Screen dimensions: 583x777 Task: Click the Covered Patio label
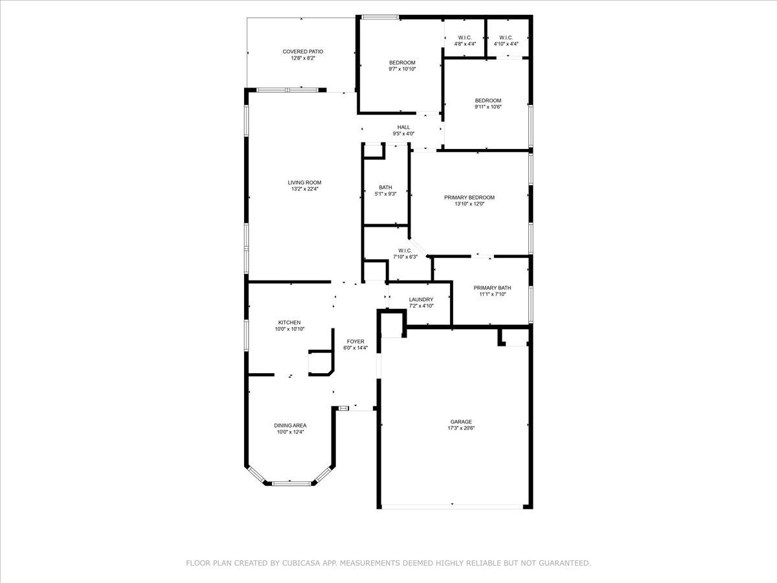(x=303, y=51)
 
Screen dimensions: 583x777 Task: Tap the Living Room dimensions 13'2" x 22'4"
(x=304, y=189)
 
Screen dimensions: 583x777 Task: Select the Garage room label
(x=461, y=422)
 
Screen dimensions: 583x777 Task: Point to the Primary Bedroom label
(x=469, y=197)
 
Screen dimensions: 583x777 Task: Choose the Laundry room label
(x=421, y=299)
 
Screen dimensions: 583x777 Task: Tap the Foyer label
(x=355, y=341)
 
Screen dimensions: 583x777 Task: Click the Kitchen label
(x=289, y=322)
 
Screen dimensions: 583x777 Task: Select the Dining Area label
(x=289, y=426)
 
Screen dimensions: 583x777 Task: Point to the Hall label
(x=403, y=127)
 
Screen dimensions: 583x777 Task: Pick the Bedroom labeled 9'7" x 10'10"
(x=402, y=62)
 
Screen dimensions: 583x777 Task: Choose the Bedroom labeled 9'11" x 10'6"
(x=488, y=100)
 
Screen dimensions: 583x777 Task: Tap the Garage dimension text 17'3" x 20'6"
(x=461, y=428)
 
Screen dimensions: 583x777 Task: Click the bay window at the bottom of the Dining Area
(x=289, y=482)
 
